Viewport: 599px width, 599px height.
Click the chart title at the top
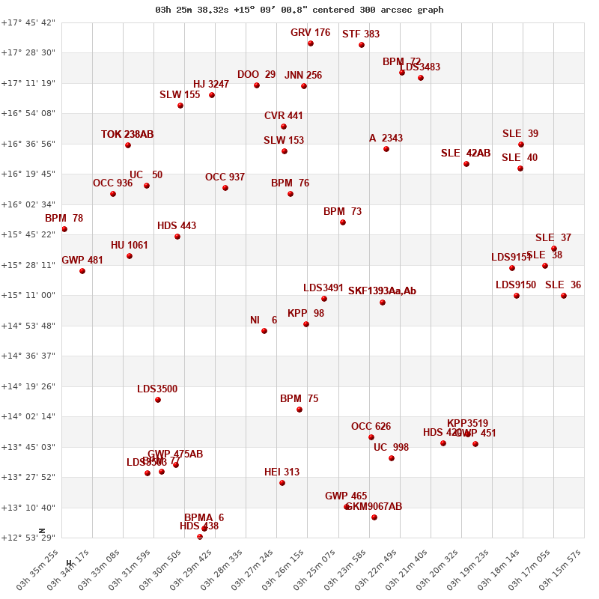coord(299,10)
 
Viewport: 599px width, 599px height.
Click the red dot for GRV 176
coord(311,43)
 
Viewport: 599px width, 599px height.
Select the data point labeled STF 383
coord(362,45)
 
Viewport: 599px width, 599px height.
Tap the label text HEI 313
coord(282,472)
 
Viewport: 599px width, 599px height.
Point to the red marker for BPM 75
coord(299,410)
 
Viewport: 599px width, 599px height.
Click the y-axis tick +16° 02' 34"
coord(28,204)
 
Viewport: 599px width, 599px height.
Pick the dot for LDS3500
coord(158,400)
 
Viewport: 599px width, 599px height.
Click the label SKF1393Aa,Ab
coord(382,291)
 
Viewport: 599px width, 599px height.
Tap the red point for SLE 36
coord(564,296)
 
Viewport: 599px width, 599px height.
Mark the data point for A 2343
coord(386,149)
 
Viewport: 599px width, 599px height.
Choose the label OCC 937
coord(225,177)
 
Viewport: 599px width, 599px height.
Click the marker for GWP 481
coord(82,271)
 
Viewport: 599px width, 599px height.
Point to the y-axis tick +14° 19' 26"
coord(28,386)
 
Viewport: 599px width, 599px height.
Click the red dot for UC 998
coord(392,458)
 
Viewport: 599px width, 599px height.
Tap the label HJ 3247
coord(210,85)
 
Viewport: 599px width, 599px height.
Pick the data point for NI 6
coord(264,331)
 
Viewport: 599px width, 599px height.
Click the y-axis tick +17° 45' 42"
coord(28,22)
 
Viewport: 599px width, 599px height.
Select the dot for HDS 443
coord(177,237)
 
